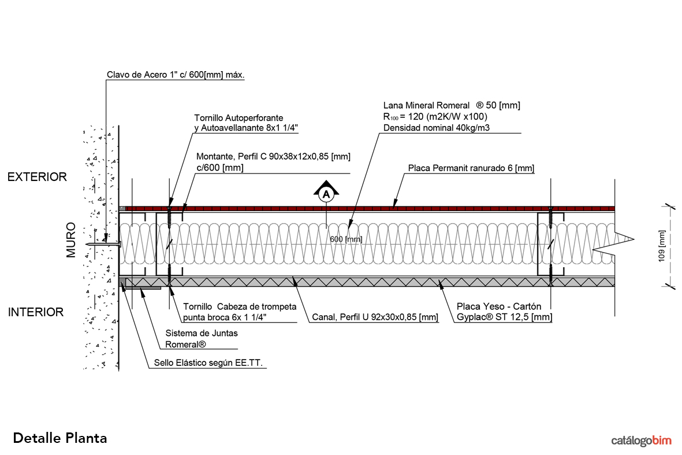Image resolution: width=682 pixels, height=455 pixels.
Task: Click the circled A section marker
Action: click(326, 194)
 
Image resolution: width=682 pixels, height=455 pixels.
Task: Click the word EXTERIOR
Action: click(37, 177)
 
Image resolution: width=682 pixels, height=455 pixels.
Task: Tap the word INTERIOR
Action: click(35, 312)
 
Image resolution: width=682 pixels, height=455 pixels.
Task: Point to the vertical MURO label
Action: click(72, 239)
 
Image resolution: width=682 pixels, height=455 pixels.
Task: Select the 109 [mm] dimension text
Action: click(662, 246)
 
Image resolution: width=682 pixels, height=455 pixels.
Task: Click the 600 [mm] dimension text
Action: click(346, 239)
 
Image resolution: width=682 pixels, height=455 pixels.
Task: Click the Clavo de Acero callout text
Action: click(176, 75)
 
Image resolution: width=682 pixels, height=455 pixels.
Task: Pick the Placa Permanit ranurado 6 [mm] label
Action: click(471, 168)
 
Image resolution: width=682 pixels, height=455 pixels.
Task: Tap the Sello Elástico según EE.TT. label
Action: click(212, 364)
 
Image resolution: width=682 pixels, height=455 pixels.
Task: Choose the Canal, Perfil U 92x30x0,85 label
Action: click(375, 317)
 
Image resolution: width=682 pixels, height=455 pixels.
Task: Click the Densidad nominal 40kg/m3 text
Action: click(437, 128)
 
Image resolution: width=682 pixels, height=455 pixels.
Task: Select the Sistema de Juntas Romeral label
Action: click(202, 339)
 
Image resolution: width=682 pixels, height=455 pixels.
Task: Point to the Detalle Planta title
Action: click(60, 438)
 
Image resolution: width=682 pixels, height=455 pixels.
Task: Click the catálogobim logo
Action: click(642, 441)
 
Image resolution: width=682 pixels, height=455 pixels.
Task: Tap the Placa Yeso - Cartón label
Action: click(499, 306)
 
